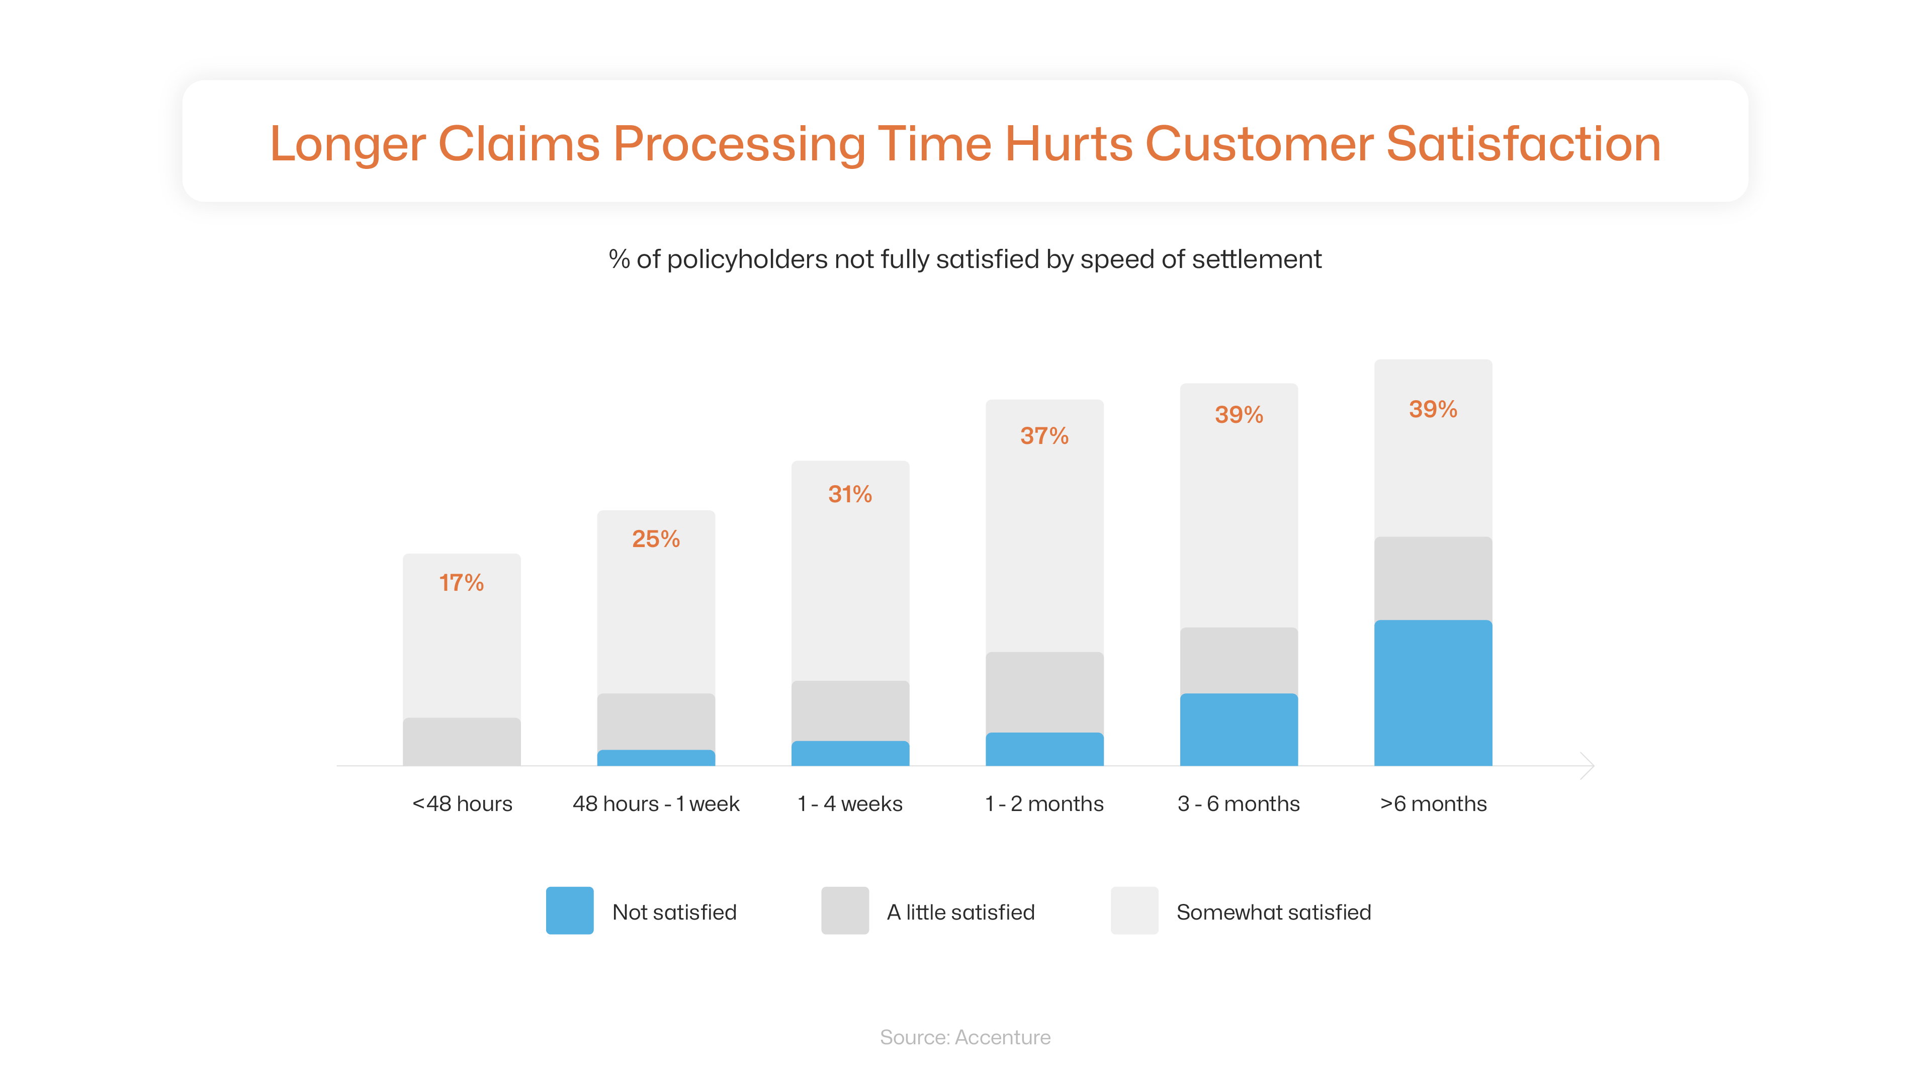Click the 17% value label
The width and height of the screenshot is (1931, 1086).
point(461,582)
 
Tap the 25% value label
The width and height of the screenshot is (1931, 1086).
point(656,539)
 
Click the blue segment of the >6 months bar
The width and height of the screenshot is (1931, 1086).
point(1433,692)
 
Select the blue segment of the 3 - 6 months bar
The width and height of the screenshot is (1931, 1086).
point(1239,729)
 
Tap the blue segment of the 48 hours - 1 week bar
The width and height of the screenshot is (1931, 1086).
point(656,758)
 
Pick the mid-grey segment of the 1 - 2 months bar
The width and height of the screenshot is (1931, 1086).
point(1044,692)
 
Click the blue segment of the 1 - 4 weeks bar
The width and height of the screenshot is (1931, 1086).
point(850,753)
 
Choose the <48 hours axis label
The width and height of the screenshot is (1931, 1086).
point(462,804)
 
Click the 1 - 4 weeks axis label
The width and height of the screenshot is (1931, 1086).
point(850,804)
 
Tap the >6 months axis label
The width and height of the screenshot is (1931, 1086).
point(1433,804)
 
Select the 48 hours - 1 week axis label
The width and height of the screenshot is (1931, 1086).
point(656,804)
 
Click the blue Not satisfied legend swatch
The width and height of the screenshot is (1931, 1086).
point(570,911)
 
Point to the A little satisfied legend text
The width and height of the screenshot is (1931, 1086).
point(960,912)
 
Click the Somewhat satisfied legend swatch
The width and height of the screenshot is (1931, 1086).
point(1134,911)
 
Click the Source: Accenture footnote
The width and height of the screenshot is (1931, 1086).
point(965,1037)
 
